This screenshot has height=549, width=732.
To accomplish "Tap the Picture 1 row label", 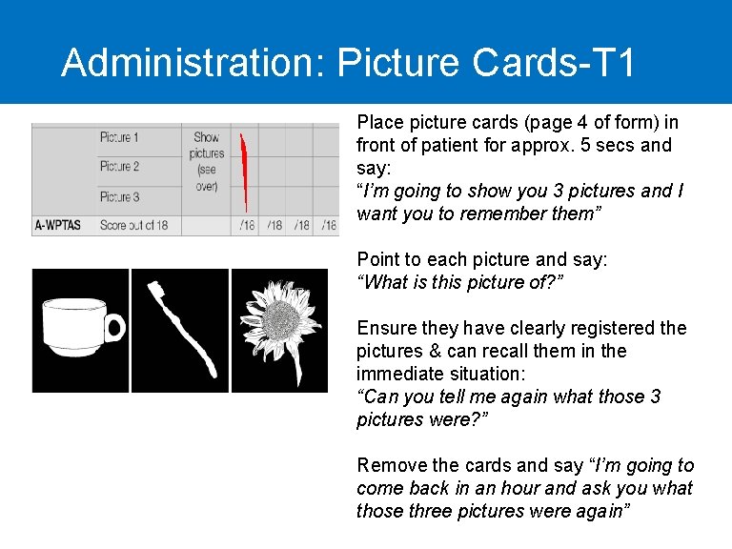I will [x=119, y=137].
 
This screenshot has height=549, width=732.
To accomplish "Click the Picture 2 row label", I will [x=119, y=166].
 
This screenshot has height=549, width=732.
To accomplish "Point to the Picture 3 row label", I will [x=119, y=196].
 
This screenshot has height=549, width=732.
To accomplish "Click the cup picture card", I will [x=80, y=330].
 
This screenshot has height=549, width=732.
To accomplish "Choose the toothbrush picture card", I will [x=180, y=330].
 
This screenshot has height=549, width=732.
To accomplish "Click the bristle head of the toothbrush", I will [x=159, y=291].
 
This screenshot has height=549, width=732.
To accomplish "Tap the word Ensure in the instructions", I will [x=385, y=328].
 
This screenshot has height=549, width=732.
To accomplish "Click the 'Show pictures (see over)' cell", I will [x=206, y=162].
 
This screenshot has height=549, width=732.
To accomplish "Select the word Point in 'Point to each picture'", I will [x=377, y=259].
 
